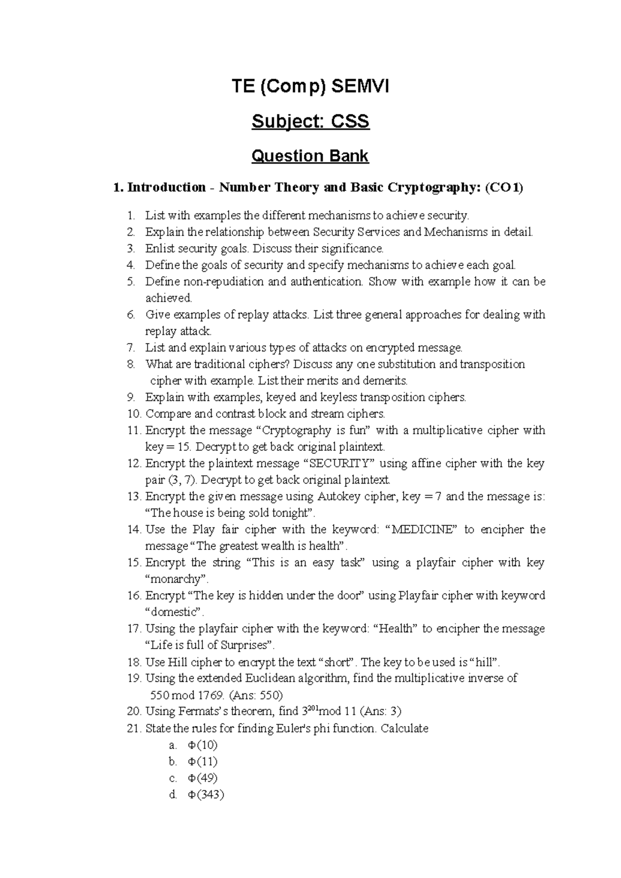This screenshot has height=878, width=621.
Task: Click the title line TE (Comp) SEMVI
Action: [x=310, y=86]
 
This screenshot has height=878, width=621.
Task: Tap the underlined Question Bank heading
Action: [x=310, y=155]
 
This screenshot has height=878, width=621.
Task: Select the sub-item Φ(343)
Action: [x=205, y=795]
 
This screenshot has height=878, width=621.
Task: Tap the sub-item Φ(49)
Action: [x=202, y=778]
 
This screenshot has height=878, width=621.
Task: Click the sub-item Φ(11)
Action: [x=202, y=762]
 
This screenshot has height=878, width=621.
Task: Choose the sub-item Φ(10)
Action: [x=202, y=745]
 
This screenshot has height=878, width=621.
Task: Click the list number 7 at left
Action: [x=131, y=347]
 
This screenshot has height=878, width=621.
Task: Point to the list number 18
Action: [x=134, y=662]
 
